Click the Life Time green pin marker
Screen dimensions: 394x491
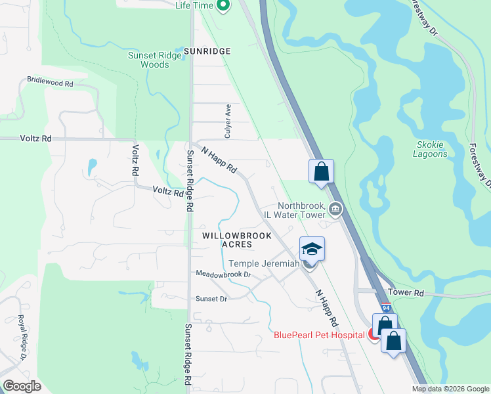[223, 6]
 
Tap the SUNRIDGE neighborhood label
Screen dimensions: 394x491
[207, 51]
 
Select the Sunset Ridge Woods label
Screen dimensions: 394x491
[155, 60]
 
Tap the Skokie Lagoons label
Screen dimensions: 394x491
[432, 150]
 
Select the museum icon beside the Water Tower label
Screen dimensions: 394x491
[335, 209]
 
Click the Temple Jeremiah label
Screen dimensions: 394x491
[264, 263]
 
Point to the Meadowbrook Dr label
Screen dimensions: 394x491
[223, 274]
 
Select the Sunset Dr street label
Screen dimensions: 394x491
[211, 299]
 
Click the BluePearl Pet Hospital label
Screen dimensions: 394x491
[319, 335]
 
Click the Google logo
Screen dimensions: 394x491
[22, 386]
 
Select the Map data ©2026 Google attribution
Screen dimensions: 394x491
[450, 389]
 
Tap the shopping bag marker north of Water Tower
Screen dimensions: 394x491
[322, 171]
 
